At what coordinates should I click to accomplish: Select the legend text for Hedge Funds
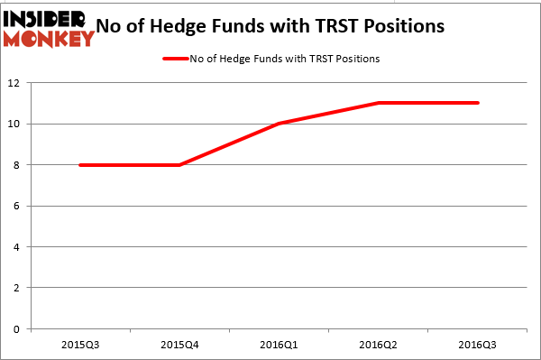coord(285,59)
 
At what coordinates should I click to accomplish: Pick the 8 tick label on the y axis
coord(18,165)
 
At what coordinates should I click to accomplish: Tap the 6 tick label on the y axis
coord(18,206)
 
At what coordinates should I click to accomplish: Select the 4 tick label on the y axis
coord(18,247)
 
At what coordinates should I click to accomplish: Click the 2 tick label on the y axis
coord(18,288)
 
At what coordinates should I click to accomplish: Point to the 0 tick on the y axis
coord(18,329)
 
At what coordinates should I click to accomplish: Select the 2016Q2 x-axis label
coord(376,346)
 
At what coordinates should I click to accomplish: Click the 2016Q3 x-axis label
coord(476,346)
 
